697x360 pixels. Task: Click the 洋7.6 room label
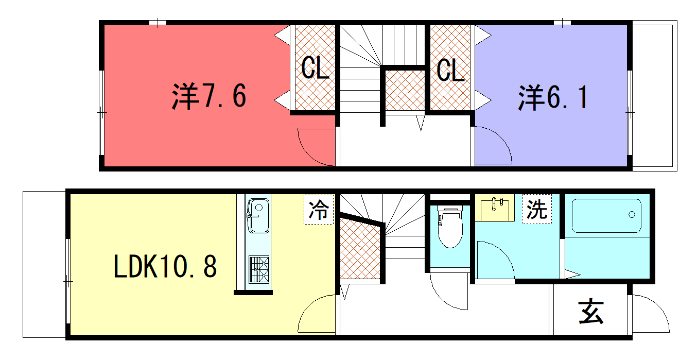209,96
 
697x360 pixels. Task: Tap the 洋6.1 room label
553,97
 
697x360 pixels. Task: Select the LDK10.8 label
165,266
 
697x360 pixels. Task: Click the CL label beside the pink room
315,67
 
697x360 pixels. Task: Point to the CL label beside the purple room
450,71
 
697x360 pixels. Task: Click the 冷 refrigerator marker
319,210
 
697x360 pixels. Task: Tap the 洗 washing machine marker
537,209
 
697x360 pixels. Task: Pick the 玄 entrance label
591,312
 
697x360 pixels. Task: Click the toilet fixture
450,227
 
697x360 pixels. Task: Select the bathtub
606,216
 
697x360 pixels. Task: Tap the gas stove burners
258,269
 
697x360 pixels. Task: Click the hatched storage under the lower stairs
360,249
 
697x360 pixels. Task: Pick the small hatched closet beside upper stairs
405,90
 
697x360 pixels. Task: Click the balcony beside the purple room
655,96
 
